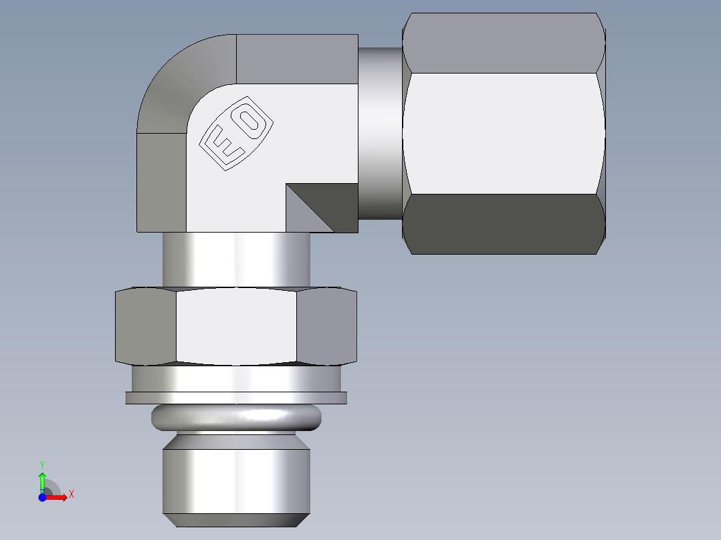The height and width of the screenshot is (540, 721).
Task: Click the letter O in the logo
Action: click(250, 120)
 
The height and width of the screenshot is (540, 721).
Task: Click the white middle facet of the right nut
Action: click(503, 134)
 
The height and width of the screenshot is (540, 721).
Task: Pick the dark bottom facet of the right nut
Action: click(503, 224)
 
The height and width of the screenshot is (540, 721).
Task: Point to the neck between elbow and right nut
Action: click(380, 134)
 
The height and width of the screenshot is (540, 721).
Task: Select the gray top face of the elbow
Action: click(297, 59)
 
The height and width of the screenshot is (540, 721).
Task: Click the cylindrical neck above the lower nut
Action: click(235, 259)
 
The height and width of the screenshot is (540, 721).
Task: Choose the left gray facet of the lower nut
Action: click(145, 326)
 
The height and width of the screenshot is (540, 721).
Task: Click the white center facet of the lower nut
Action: click(235, 326)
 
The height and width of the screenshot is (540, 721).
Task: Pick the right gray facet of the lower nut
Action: click(326, 326)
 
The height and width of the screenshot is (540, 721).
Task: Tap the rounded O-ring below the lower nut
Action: click(236, 418)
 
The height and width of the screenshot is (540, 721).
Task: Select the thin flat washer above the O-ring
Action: click(236, 398)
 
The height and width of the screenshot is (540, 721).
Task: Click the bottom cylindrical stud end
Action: click(236, 481)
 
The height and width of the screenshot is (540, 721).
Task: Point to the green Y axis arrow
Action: click(42, 479)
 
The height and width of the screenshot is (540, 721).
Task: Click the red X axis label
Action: click(71, 495)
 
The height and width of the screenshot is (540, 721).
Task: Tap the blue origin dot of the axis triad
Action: click(42, 497)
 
